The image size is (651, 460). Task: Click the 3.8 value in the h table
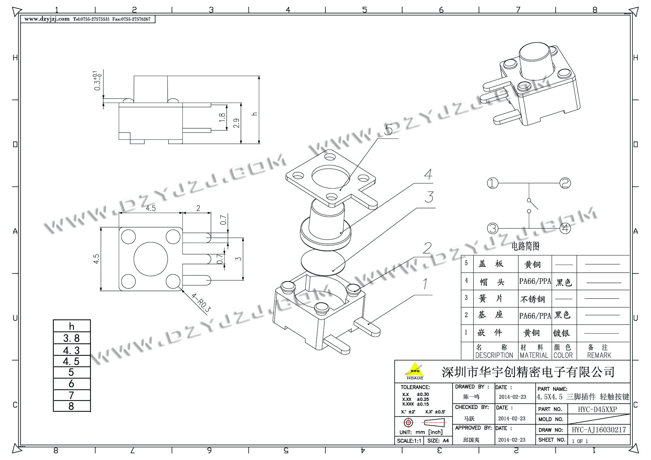coord(71,338)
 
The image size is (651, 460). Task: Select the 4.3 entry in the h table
coord(71,350)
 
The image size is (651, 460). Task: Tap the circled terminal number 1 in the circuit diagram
coord(492,183)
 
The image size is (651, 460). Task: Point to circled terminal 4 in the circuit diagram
coord(565,228)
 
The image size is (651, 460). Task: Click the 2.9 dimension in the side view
coord(236,123)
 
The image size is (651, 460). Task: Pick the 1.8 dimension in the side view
coord(222,117)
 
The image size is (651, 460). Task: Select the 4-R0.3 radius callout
coord(201,303)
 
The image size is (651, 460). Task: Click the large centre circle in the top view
coord(151,259)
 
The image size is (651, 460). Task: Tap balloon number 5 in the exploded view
coord(388,130)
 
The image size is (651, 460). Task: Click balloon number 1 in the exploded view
coord(426,284)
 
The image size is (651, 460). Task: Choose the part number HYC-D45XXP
coord(597,409)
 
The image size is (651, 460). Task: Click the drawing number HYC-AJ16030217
coord(599,430)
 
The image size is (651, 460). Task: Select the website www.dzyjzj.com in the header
coord(47,19)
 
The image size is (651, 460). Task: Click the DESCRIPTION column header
coord(494,355)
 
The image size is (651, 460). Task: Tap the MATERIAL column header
coord(534,355)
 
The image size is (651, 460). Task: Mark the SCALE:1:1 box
coord(409,441)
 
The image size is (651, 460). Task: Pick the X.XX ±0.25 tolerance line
coord(415,399)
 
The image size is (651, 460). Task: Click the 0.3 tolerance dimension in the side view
coord(98,81)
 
